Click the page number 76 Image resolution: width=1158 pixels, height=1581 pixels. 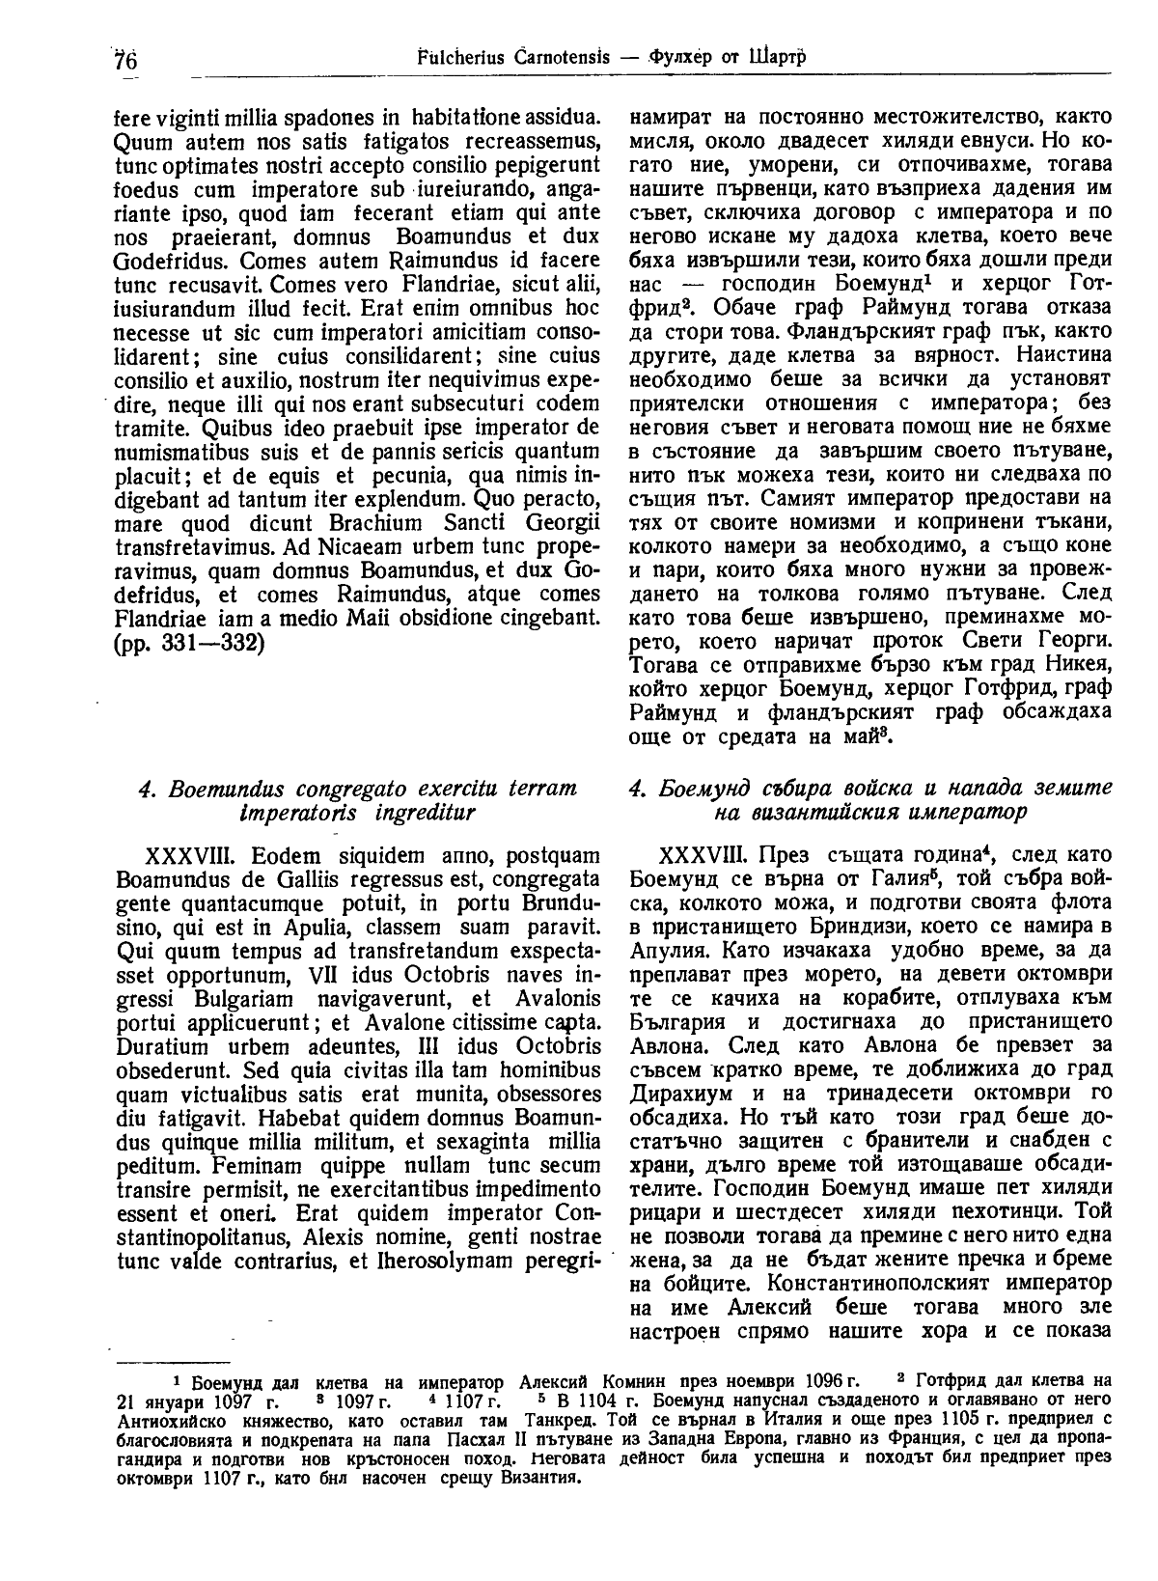click(125, 59)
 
